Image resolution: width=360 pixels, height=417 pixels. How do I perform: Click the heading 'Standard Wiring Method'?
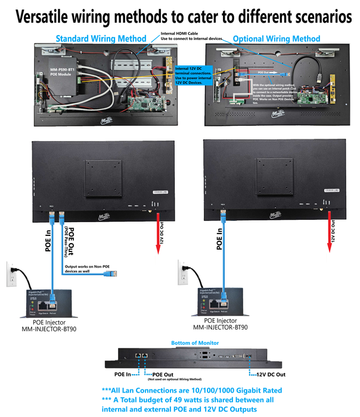pyautogui.click(x=101, y=39)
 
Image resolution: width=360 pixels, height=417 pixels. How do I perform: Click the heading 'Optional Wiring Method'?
pyautogui.click(x=276, y=39)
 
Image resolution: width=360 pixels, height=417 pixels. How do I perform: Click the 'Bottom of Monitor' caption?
pyautogui.click(x=194, y=343)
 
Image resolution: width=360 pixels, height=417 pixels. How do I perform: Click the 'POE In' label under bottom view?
pyautogui.click(x=125, y=374)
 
